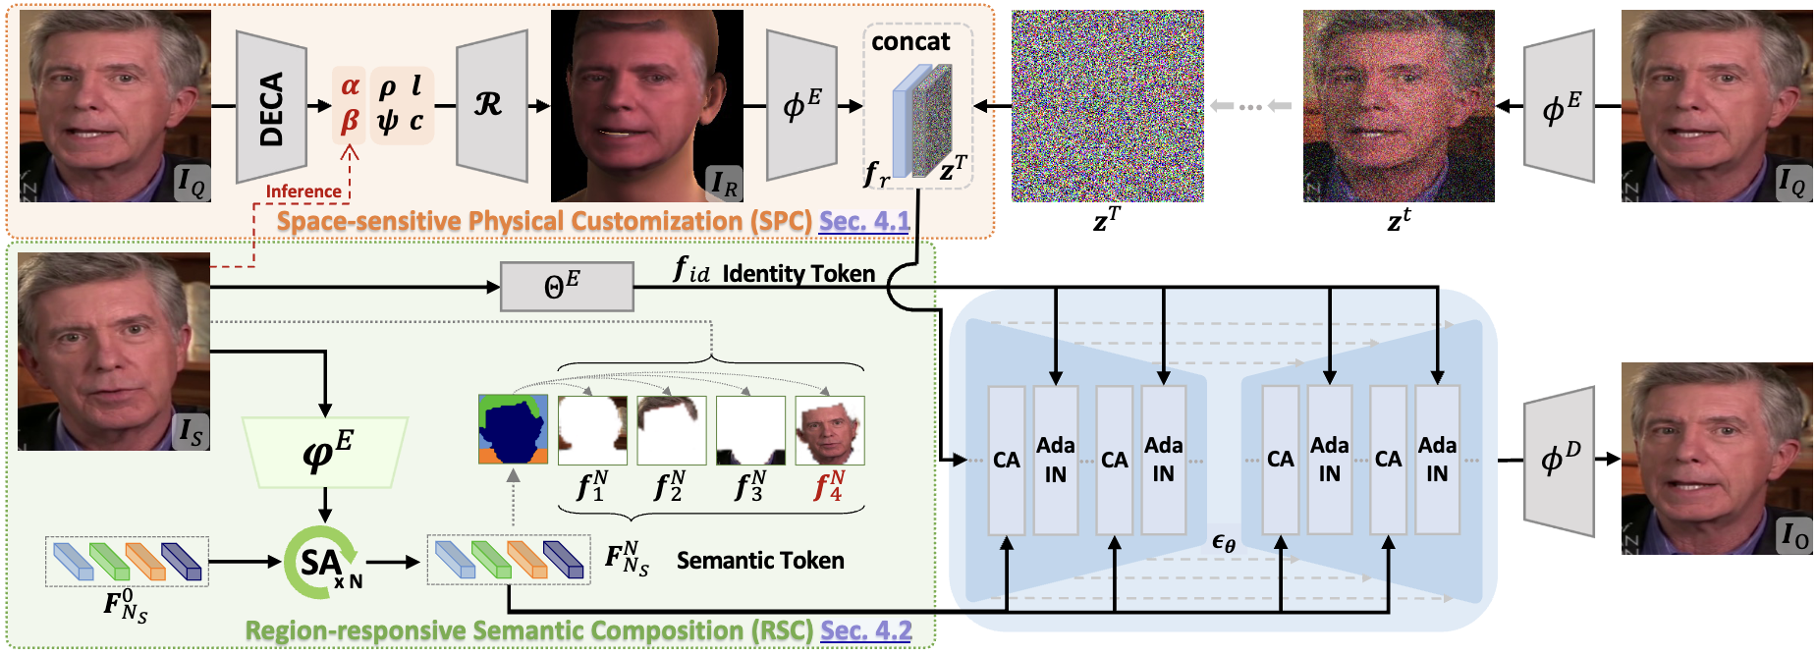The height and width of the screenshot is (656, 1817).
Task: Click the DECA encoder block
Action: tap(272, 106)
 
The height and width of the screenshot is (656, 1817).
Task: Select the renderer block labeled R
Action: tap(491, 105)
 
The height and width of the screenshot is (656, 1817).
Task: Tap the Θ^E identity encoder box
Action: tap(567, 287)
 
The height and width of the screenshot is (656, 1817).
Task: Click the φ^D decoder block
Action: tap(1559, 460)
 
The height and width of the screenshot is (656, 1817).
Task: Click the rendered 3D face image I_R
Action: tap(646, 106)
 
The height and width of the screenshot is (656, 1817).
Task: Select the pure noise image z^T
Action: tap(1107, 106)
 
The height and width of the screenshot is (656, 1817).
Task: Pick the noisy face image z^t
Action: tap(1399, 106)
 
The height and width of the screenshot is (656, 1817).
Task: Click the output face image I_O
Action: tap(1716, 459)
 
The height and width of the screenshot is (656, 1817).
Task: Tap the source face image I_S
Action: tap(114, 352)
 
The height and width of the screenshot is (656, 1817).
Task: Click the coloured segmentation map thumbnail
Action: tap(513, 429)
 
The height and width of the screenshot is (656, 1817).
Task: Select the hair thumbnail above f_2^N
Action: tap(672, 429)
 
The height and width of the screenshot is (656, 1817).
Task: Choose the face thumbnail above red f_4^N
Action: tap(830, 429)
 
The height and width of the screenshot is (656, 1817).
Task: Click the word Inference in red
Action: tap(303, 191)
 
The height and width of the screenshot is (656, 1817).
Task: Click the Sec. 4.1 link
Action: tap(864, 222)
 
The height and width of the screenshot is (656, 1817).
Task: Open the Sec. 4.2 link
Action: tap(866, 630)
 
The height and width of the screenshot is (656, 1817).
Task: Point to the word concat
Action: tap(910, 42)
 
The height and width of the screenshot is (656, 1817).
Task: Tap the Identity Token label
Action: tap(798, 274)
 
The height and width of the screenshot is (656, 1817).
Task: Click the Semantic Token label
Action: tap(760, 561)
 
